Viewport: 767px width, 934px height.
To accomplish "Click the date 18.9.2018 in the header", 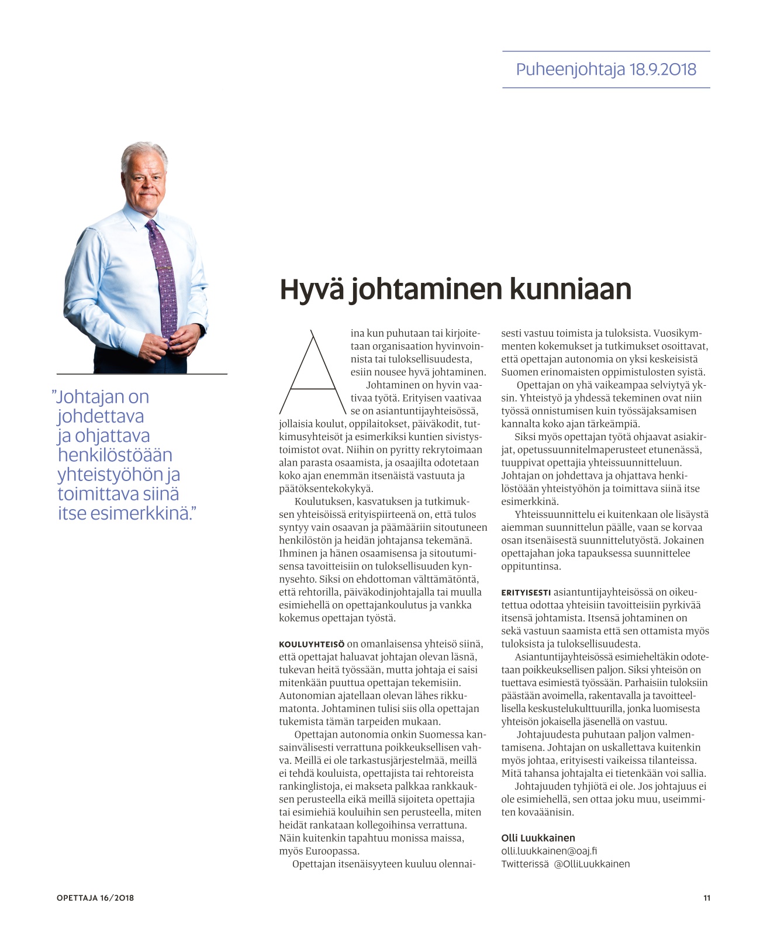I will (663, 70).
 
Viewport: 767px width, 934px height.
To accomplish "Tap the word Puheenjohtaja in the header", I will (571, 70).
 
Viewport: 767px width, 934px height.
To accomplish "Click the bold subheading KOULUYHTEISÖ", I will (312, 644).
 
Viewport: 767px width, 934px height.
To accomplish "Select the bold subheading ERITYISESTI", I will (526, 592).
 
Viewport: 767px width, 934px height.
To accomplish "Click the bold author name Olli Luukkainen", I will (538, 838).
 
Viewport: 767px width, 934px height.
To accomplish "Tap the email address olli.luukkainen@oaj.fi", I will (549, 851).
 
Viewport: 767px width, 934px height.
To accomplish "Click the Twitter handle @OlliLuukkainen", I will (592, 864).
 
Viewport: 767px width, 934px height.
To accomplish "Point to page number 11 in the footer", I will (707, 898).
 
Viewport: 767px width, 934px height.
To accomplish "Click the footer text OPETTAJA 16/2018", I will (95, 898).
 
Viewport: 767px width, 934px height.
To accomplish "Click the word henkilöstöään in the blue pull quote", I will (115, 455).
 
